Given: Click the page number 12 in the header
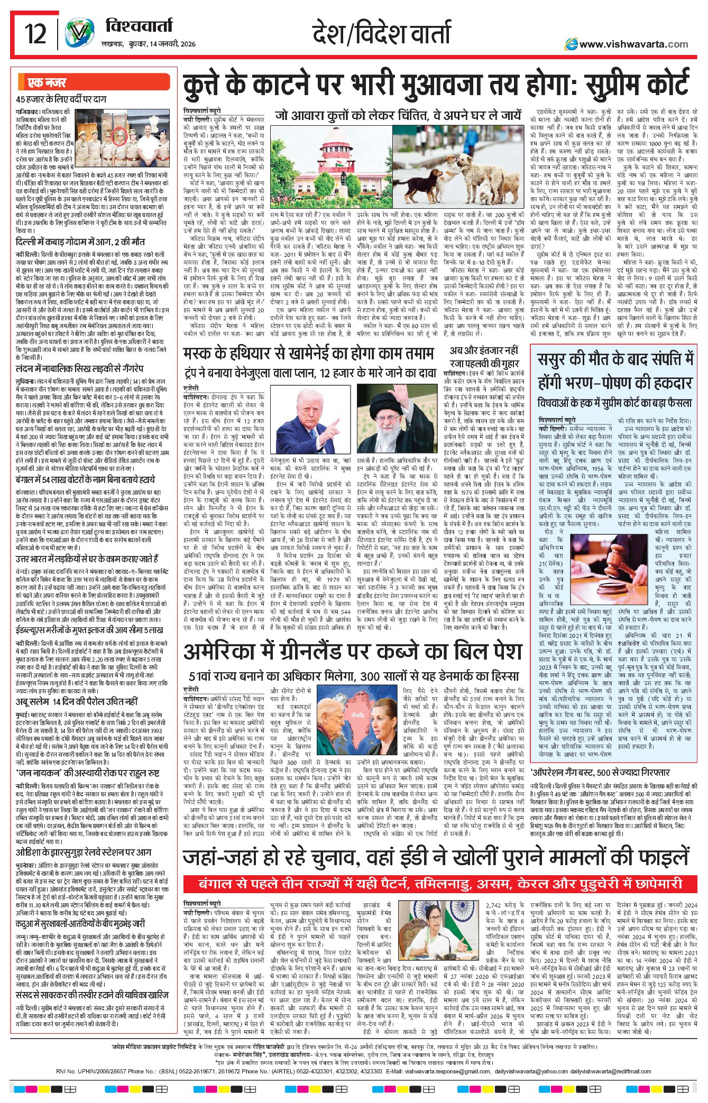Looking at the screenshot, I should click(x=35, y=34).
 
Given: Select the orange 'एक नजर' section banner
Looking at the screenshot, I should click(x=48, y=82).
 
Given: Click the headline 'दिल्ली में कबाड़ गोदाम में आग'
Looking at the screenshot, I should click(x=80, y=242).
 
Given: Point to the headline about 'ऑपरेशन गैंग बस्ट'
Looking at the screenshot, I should click(x=600, y=773).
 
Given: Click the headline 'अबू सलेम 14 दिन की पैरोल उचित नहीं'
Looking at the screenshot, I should click(x=77, y=701).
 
